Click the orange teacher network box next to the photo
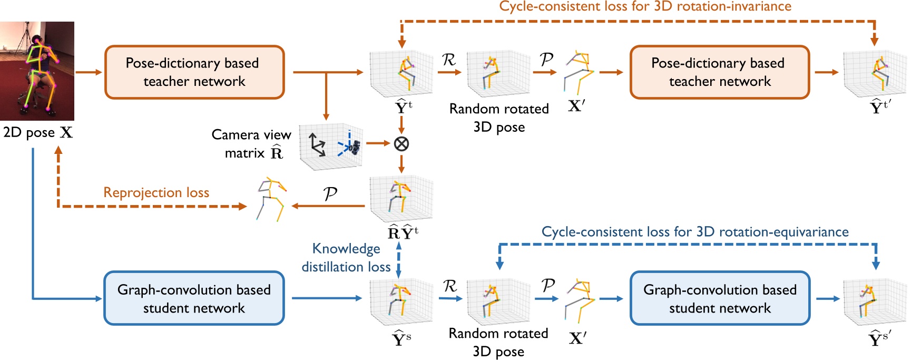point(194,72)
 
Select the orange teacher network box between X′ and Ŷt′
point(720,72)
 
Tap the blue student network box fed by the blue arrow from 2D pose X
point(194,298)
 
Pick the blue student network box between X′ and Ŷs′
point(720,298)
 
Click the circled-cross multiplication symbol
point(401,143)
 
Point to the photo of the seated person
point(37,71)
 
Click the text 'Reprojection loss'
point(156,192)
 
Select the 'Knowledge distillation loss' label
point(346,258)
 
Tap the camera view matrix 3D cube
point(330,147)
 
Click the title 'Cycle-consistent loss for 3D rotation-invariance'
point(645,6)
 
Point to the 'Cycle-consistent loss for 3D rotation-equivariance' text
point(695,232)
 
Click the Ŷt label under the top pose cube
point(404,107)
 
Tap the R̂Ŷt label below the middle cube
point(403,232)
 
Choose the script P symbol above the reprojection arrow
point(330,193)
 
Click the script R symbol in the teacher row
point(448,60)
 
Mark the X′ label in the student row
point(577,338)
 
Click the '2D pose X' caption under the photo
point(38,132)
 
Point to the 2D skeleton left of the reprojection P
point(271,199)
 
